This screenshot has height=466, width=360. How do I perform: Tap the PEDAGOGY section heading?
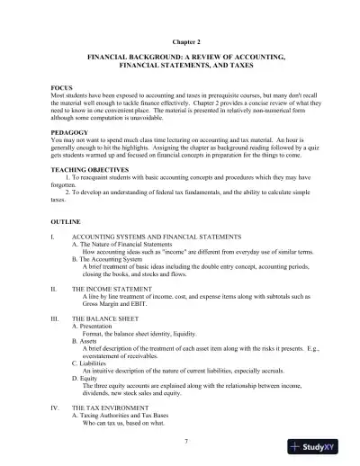coord(70,129)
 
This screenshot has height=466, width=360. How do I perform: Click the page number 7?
coord(184,440)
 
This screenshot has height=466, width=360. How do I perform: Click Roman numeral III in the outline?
coord(57,318)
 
